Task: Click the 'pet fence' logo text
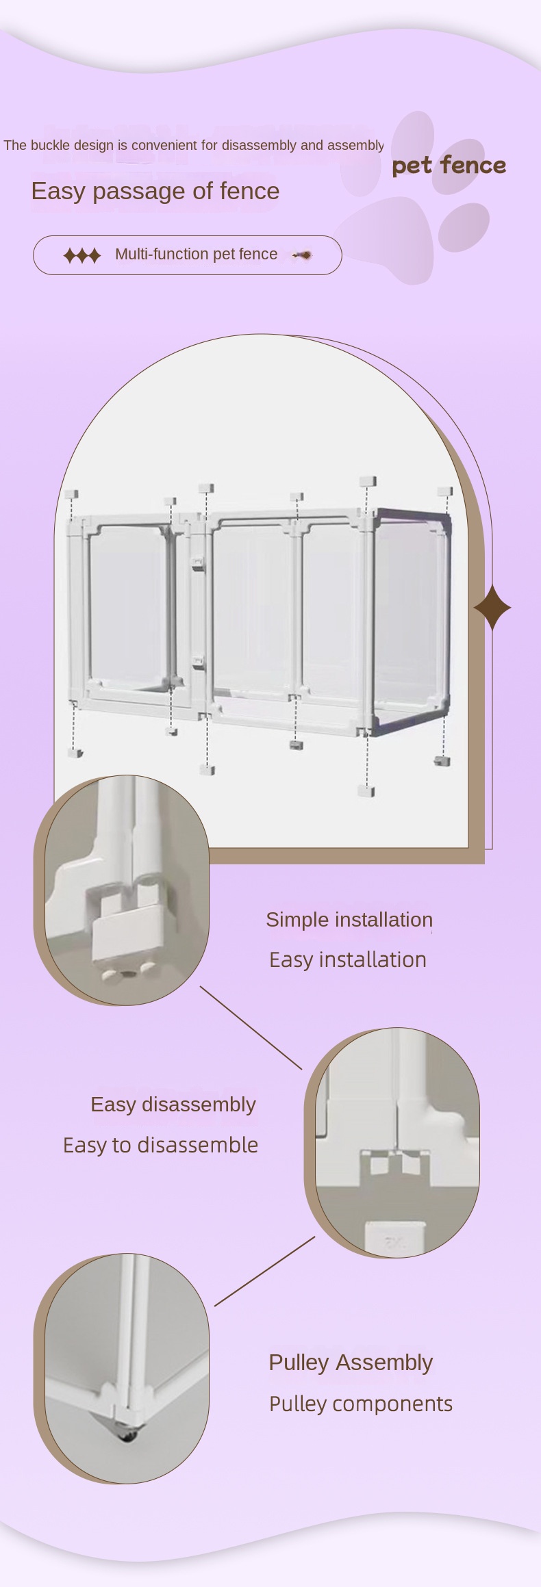click(449, 166)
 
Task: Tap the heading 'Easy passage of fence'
click(155, 191)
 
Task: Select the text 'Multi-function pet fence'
click(197, 254)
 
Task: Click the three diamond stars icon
click(82, 255)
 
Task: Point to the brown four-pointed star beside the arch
click(492, 607)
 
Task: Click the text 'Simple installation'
click(349, 920)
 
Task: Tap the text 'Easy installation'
click(348, 959)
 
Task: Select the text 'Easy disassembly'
click(173, 1105)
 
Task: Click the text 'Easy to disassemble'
click(161, 1145)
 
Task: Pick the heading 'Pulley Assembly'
click(351, 1363)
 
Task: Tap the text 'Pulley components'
click(361, 1404)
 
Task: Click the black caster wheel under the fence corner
click(128, 1436)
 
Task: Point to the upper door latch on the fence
click(197, 563)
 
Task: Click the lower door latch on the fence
click(199, 662)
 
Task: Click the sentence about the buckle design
click(193, 145)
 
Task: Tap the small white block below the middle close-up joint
click(395, 1239)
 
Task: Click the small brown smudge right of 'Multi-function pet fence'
click(303, 255)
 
